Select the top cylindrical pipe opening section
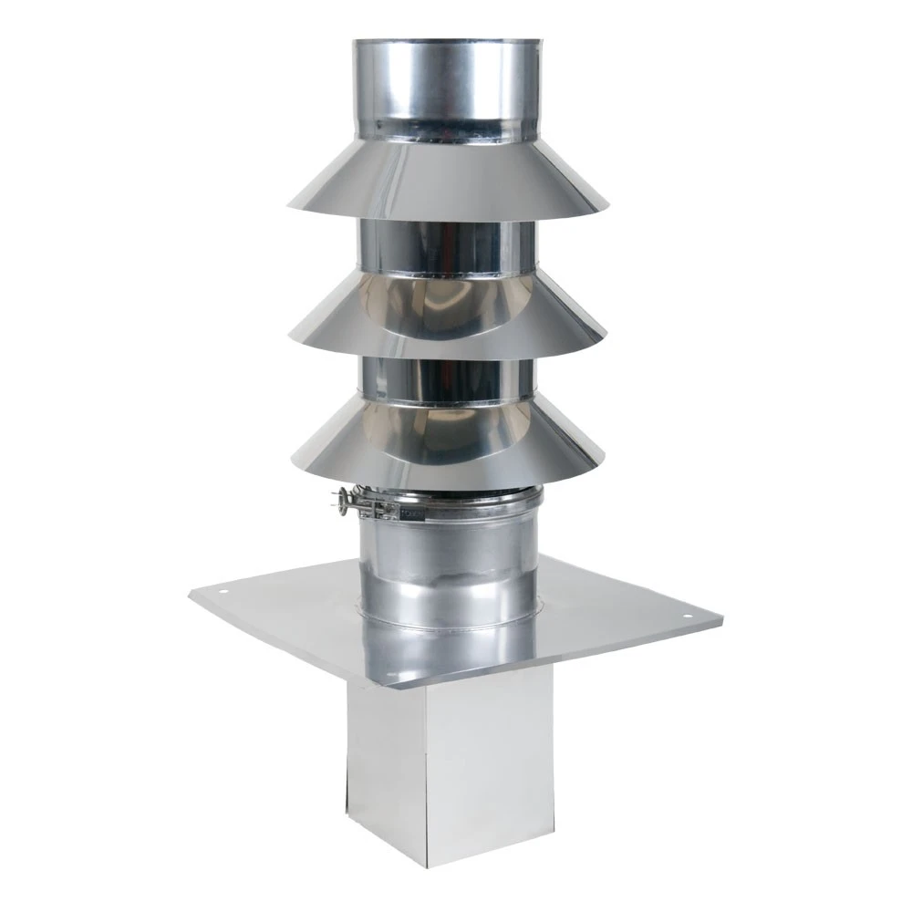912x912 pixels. (x=447, y=87)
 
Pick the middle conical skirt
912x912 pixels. (x=447, y=315)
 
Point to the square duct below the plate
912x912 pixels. (x=438, y=766)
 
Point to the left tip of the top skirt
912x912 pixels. (x=289, y=202)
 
